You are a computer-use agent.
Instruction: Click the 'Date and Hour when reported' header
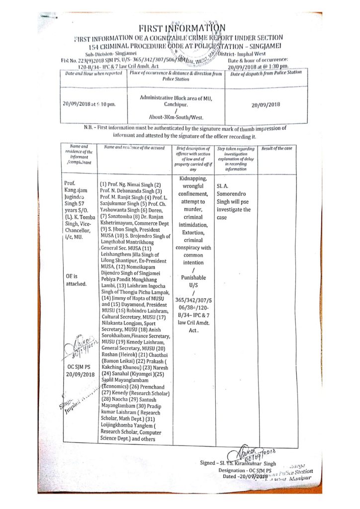(x=94, y=74)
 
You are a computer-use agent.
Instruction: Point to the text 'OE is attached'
(x=76, y=279)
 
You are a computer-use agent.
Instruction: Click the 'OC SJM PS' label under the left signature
(x=80, y=366)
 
